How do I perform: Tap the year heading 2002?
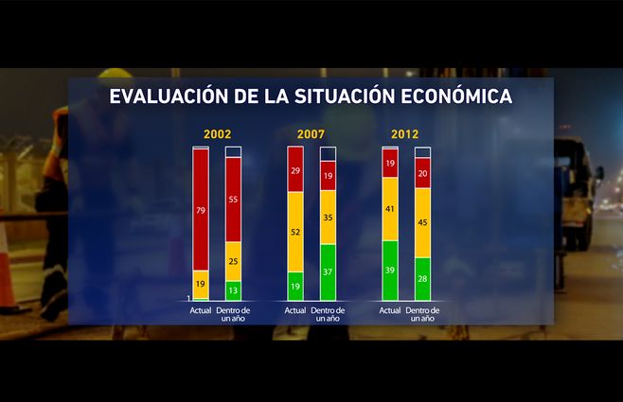[217, 134]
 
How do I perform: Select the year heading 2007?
[311, 134]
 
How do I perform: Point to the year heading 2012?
[405, 134]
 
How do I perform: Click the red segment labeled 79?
[201, 210]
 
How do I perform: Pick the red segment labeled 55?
[233, 200]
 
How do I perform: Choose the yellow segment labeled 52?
[295, 232]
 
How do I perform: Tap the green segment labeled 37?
[328, 272]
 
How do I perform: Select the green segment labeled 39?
[389, 271]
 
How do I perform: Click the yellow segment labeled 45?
[422, 223]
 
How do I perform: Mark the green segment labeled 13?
[233, 290]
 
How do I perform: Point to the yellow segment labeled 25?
[233, 261]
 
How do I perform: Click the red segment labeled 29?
[295, 170]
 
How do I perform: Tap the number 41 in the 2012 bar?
[389, 209]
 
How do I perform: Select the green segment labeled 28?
[422, 279]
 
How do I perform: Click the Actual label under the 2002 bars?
[201, 309]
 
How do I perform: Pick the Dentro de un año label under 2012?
[422, 314]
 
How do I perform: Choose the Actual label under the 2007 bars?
[295, 309]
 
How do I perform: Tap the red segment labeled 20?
[422, 173]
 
